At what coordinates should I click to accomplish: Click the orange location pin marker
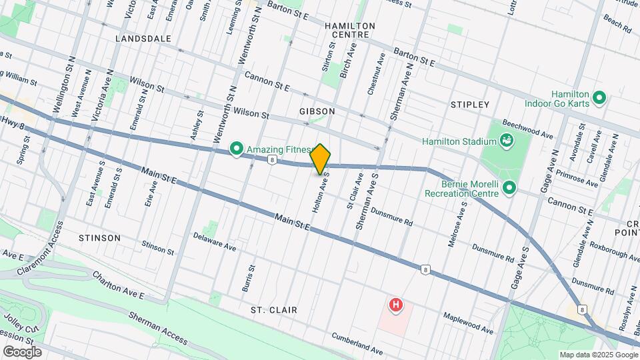[x=320, y=159]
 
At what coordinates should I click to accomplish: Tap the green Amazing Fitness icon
[x=236, y=149]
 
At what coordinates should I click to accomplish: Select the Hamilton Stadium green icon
[x=507, y=141]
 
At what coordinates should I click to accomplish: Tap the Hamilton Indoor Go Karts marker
[x=599, y=99]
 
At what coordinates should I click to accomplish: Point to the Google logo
[x=22, y=351]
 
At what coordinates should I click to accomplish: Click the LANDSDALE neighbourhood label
[x=143, y=39]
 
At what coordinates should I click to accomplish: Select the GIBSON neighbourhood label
[x=317, y=111]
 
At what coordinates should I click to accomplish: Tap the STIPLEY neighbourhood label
[x=470, y=105]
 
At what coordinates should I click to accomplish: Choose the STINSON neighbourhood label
[x=99, y=238]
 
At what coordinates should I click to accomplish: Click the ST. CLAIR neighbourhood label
[x=274, y=310]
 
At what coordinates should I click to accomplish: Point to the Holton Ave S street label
[x=321, y=195]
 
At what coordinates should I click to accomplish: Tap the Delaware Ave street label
[x=215, y=241]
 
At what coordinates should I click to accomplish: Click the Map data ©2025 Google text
[x=598, y=354]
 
